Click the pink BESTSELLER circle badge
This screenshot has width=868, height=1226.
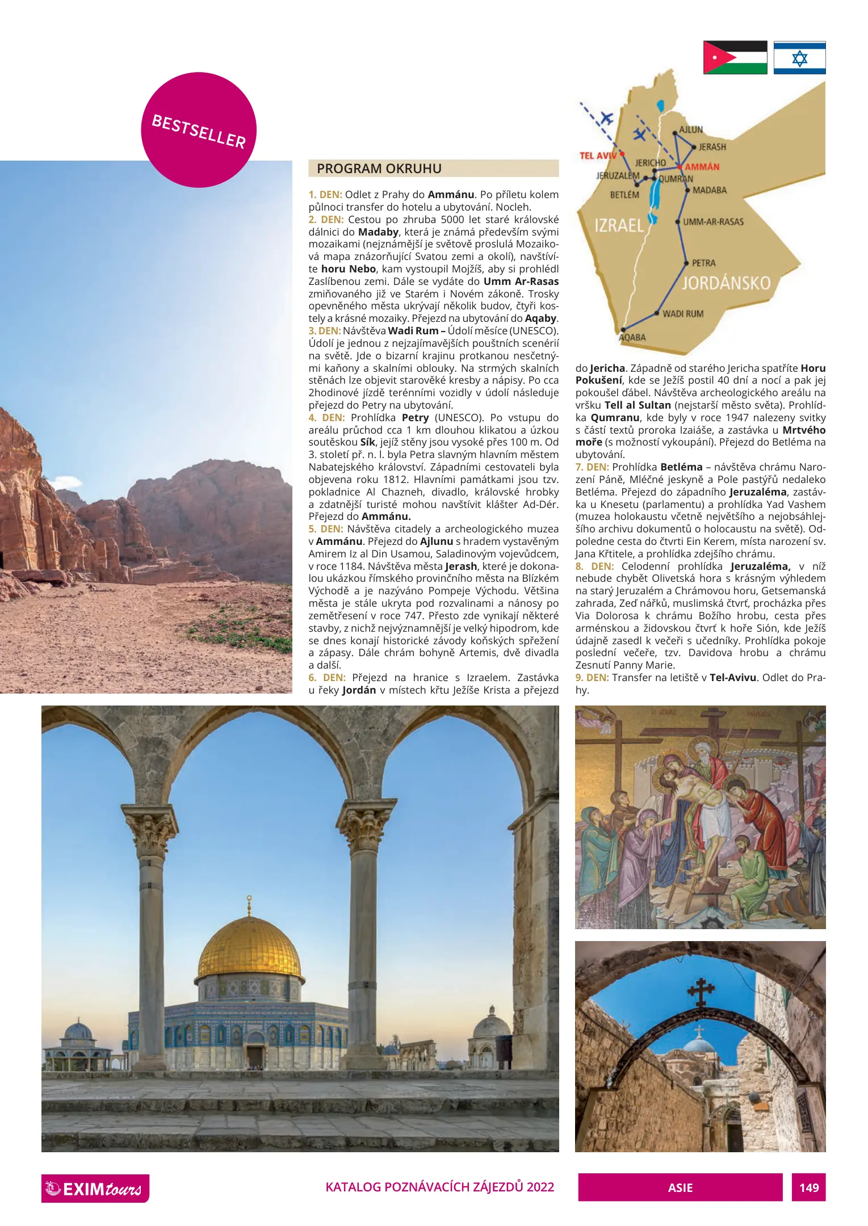pyautogui.click(x=199, y=129)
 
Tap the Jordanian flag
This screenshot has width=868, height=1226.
pyautogui.click(x=735, y=57)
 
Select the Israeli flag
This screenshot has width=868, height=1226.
pyautogui.click(x=799, y=57)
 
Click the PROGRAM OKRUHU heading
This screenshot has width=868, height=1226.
pyautogui.click(x=379, y=169)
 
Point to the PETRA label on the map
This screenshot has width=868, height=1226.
pyautogui.click(x=703, y=263)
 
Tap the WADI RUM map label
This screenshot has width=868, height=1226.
pyautogui.click(x=683, y=313)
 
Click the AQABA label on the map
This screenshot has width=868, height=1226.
pyautogui.click(x=632, y=337)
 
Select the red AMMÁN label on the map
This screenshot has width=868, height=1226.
pyautogui.click(x=702, y=167)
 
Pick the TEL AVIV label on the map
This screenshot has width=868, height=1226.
pyautogui.click(x=598, y=156)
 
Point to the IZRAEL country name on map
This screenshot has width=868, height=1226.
pyautogui.click(x=619, y=225)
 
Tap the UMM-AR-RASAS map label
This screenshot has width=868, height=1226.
pyautogui.click(x=713, y=222)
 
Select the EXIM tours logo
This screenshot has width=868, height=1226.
pyautogui.click(x=95, y=1188)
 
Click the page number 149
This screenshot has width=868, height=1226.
pyautogui.click(x=808, y=1187)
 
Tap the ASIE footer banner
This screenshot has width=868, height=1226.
pyautogui.click(x=680, y=1187)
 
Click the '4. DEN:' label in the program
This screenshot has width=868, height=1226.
pyautogui.click(x=326, y=418)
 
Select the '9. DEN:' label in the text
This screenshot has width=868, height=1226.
pyautogui.click(x=592, y=678)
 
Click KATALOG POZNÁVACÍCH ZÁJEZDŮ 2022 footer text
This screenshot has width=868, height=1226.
pyautogui.click(x=439, y=1187)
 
